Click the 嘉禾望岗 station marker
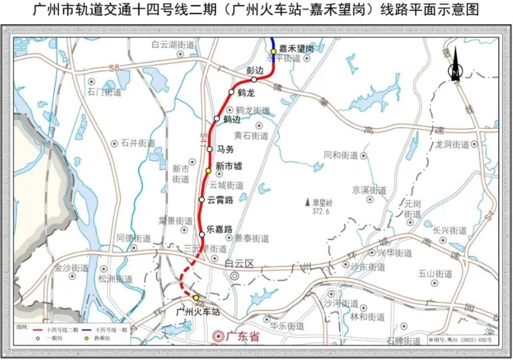pos(274,51)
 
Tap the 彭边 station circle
pos(254,80)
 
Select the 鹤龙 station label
pos(245,93)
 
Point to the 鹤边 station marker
pos(217,119)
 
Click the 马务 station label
pos(224,149)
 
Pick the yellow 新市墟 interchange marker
pos(208,171)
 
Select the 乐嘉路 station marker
pos(202,234)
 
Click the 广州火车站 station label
pos(199,312)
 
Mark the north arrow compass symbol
pos(456,65)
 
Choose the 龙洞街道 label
pos(452,145)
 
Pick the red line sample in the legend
pos(38,329)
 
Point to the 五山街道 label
pos(435,274)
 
